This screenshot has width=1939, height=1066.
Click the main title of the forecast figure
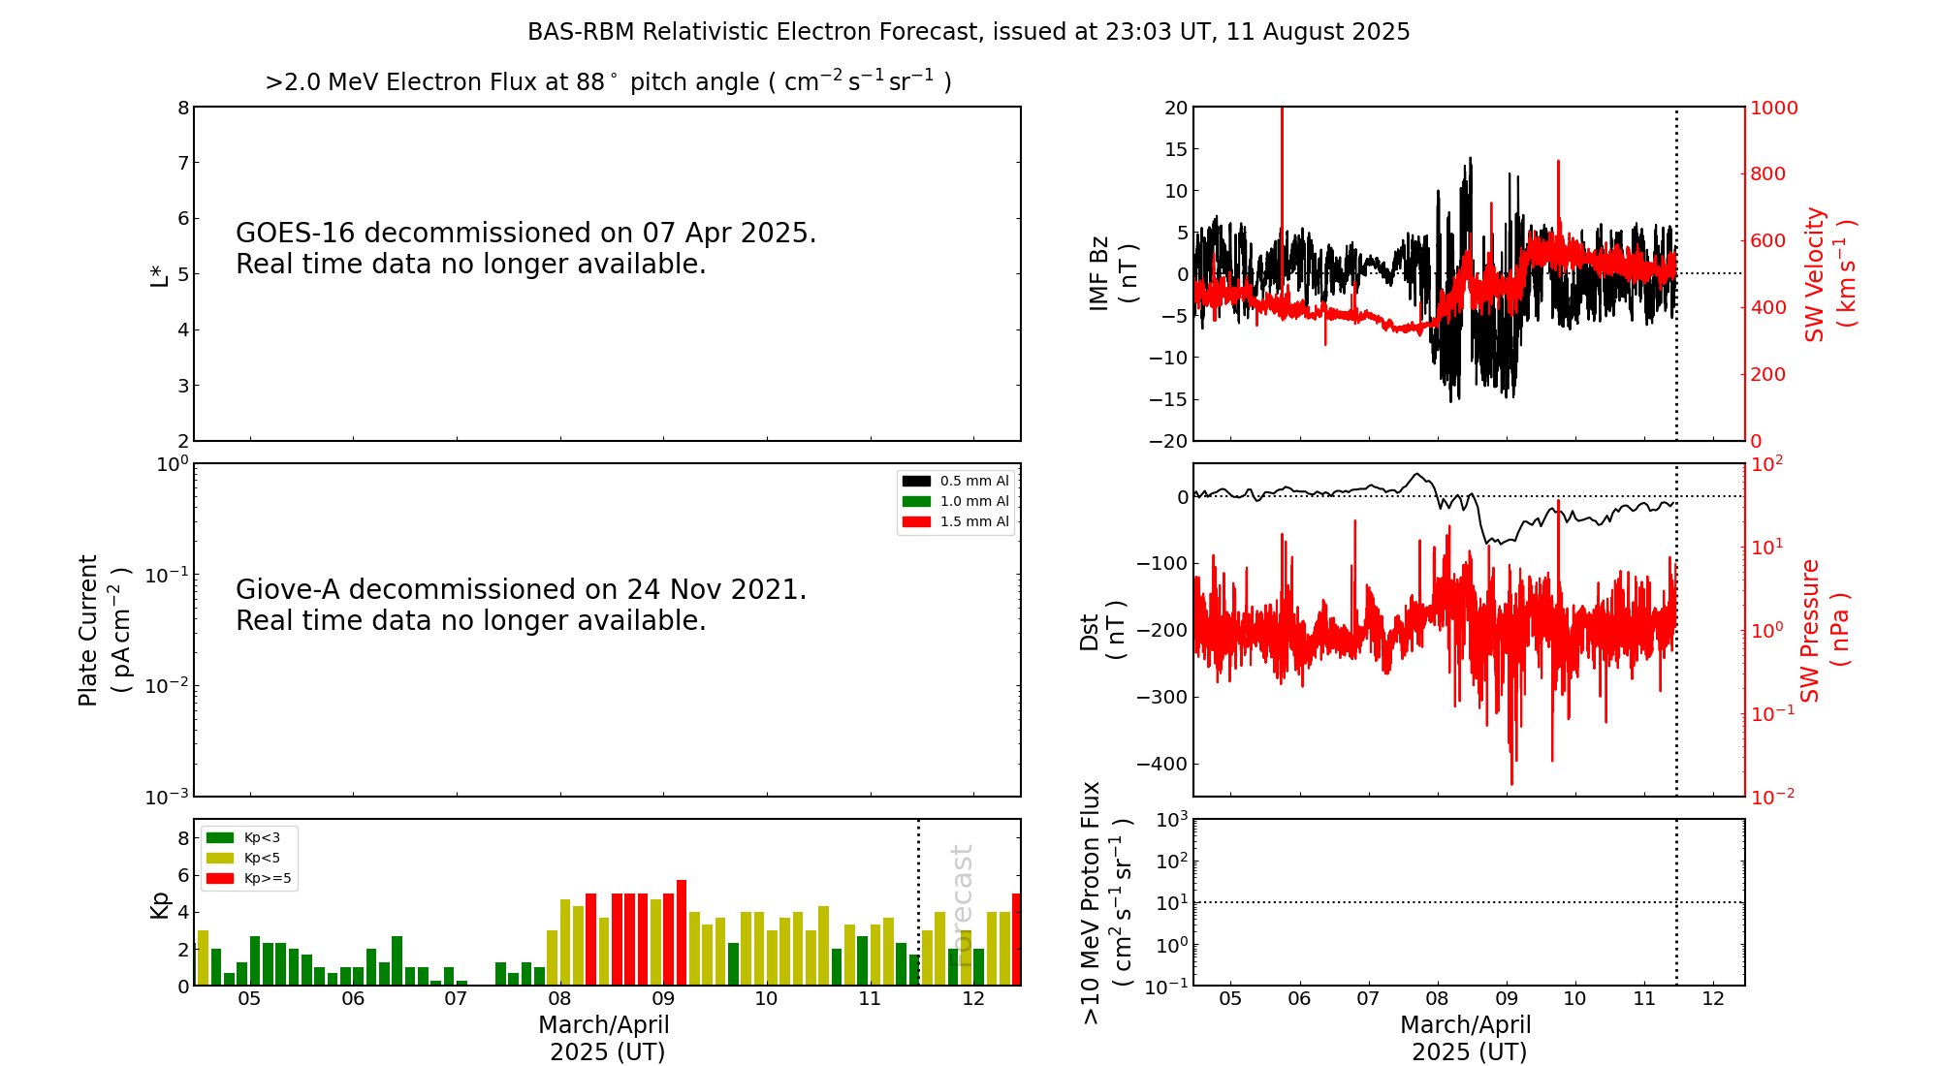(x=969, y=32)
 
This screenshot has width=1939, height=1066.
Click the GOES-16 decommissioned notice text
(x=525, y=248)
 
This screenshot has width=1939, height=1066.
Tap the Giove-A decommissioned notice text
(x=521, y=605)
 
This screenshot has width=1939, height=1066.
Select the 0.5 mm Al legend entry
(x=956, y=481)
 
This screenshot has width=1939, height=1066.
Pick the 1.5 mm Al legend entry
(x=956, y=521)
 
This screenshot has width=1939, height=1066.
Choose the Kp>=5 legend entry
(x=249, y=879)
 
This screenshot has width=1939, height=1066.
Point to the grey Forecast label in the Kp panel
(x=962, y=892)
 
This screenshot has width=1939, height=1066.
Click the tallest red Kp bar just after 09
(x=682, y=932)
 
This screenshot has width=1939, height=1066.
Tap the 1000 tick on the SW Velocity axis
(x=1773, y=108)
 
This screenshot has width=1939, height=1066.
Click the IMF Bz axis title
(x=1113, y=273)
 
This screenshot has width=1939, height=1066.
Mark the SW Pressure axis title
(x=1825, y=630)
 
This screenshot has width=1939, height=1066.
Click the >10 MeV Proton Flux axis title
(x=1106, y=902)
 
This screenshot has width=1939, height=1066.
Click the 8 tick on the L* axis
(x=183, y=108)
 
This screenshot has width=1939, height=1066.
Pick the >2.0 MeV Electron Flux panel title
(x=608, y=82)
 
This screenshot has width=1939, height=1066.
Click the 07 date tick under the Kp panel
(x=457, y=999)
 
